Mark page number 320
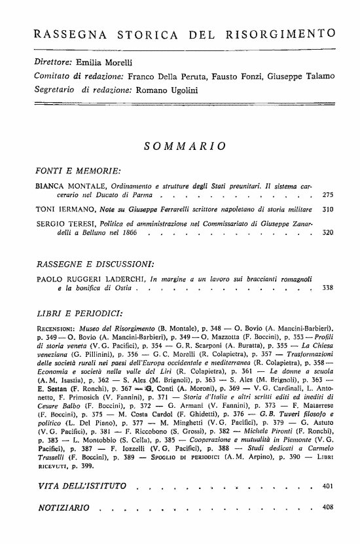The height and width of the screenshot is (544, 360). pos(329,232)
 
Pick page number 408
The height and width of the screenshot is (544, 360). pos(329,508)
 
